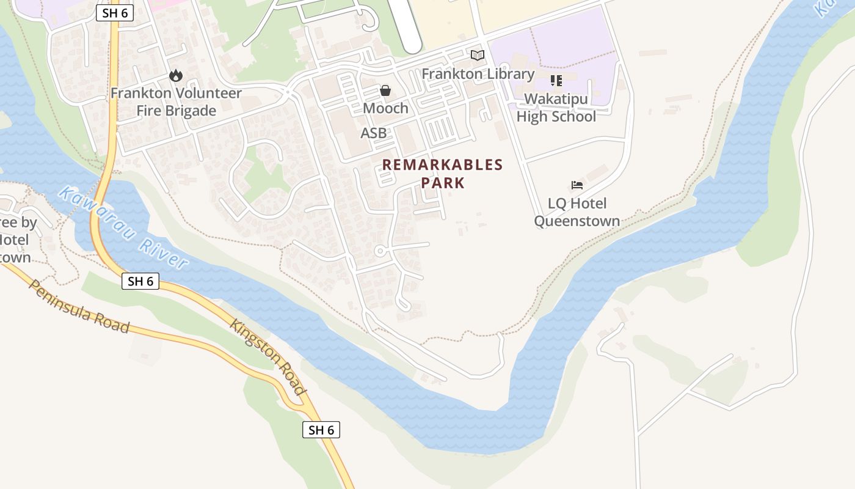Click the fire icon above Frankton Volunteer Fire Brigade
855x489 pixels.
pyautogui.click(x=176, y=76)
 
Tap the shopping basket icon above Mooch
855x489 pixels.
pyautogui.click(x=385, y=90)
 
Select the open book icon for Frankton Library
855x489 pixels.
pyautogui.click(x=478, y=56)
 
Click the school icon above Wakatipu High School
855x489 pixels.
pyautogui.click(x=556, y=81)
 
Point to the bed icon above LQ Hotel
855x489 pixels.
pyautogui.click(x=577, y=185)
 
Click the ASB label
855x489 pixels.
pyautogui.click(x=373, y=133)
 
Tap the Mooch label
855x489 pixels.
pyautogui.click(x=385, y=108)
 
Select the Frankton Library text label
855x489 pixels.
pyautogui.click(x=478, y=74)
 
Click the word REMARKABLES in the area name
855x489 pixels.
pyautogui.click(x=443, y=164)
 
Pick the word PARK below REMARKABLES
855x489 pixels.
pyautogui.click(x=443, y=183)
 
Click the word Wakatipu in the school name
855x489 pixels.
pyautogui.click(x=556, y=99)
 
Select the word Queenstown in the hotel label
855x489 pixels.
pyautogui.click(x=577, y=221)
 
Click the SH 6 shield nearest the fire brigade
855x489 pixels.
pyautogui.click(x=115, y=13)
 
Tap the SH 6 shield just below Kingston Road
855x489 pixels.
pyautogui.click(x=321, y=430)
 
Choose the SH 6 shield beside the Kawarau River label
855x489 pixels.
pyautogui.click(x=140, y=281)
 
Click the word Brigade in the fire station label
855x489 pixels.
pyautogui.click(x=176, y=111)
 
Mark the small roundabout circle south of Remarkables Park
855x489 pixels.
pyautogui.click(x=380, y=251)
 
